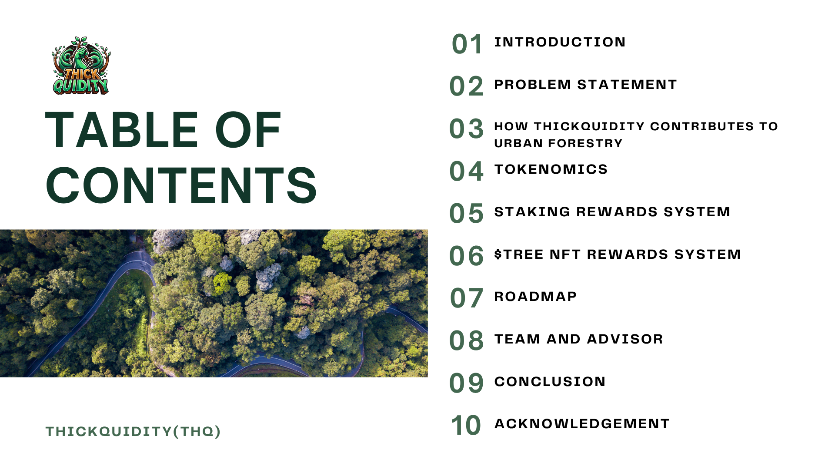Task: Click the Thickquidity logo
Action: [x=81, y=66]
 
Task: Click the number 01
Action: [x=467, y=44]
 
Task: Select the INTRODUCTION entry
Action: [x=560, y=42]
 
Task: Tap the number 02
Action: [x=466, y=86]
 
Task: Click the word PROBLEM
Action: [x=533, y=84]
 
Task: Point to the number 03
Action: [x=466, y=129]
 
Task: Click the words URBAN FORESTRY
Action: [x=558, y=143]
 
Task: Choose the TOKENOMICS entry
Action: [x=551, y=169]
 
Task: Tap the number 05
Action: [x=466, y=213]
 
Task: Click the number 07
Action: [x=466, y=298]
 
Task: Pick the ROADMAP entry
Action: [x=535, y=296]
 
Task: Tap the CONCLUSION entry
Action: [x=550, y=381]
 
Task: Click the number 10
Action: [x=466, y=425]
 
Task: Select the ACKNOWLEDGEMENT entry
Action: [x=582, y=423]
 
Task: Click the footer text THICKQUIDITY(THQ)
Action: [x=133, y=431]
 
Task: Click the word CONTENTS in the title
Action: [x=181, y=185]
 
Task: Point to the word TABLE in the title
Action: [x=122, y=130]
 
